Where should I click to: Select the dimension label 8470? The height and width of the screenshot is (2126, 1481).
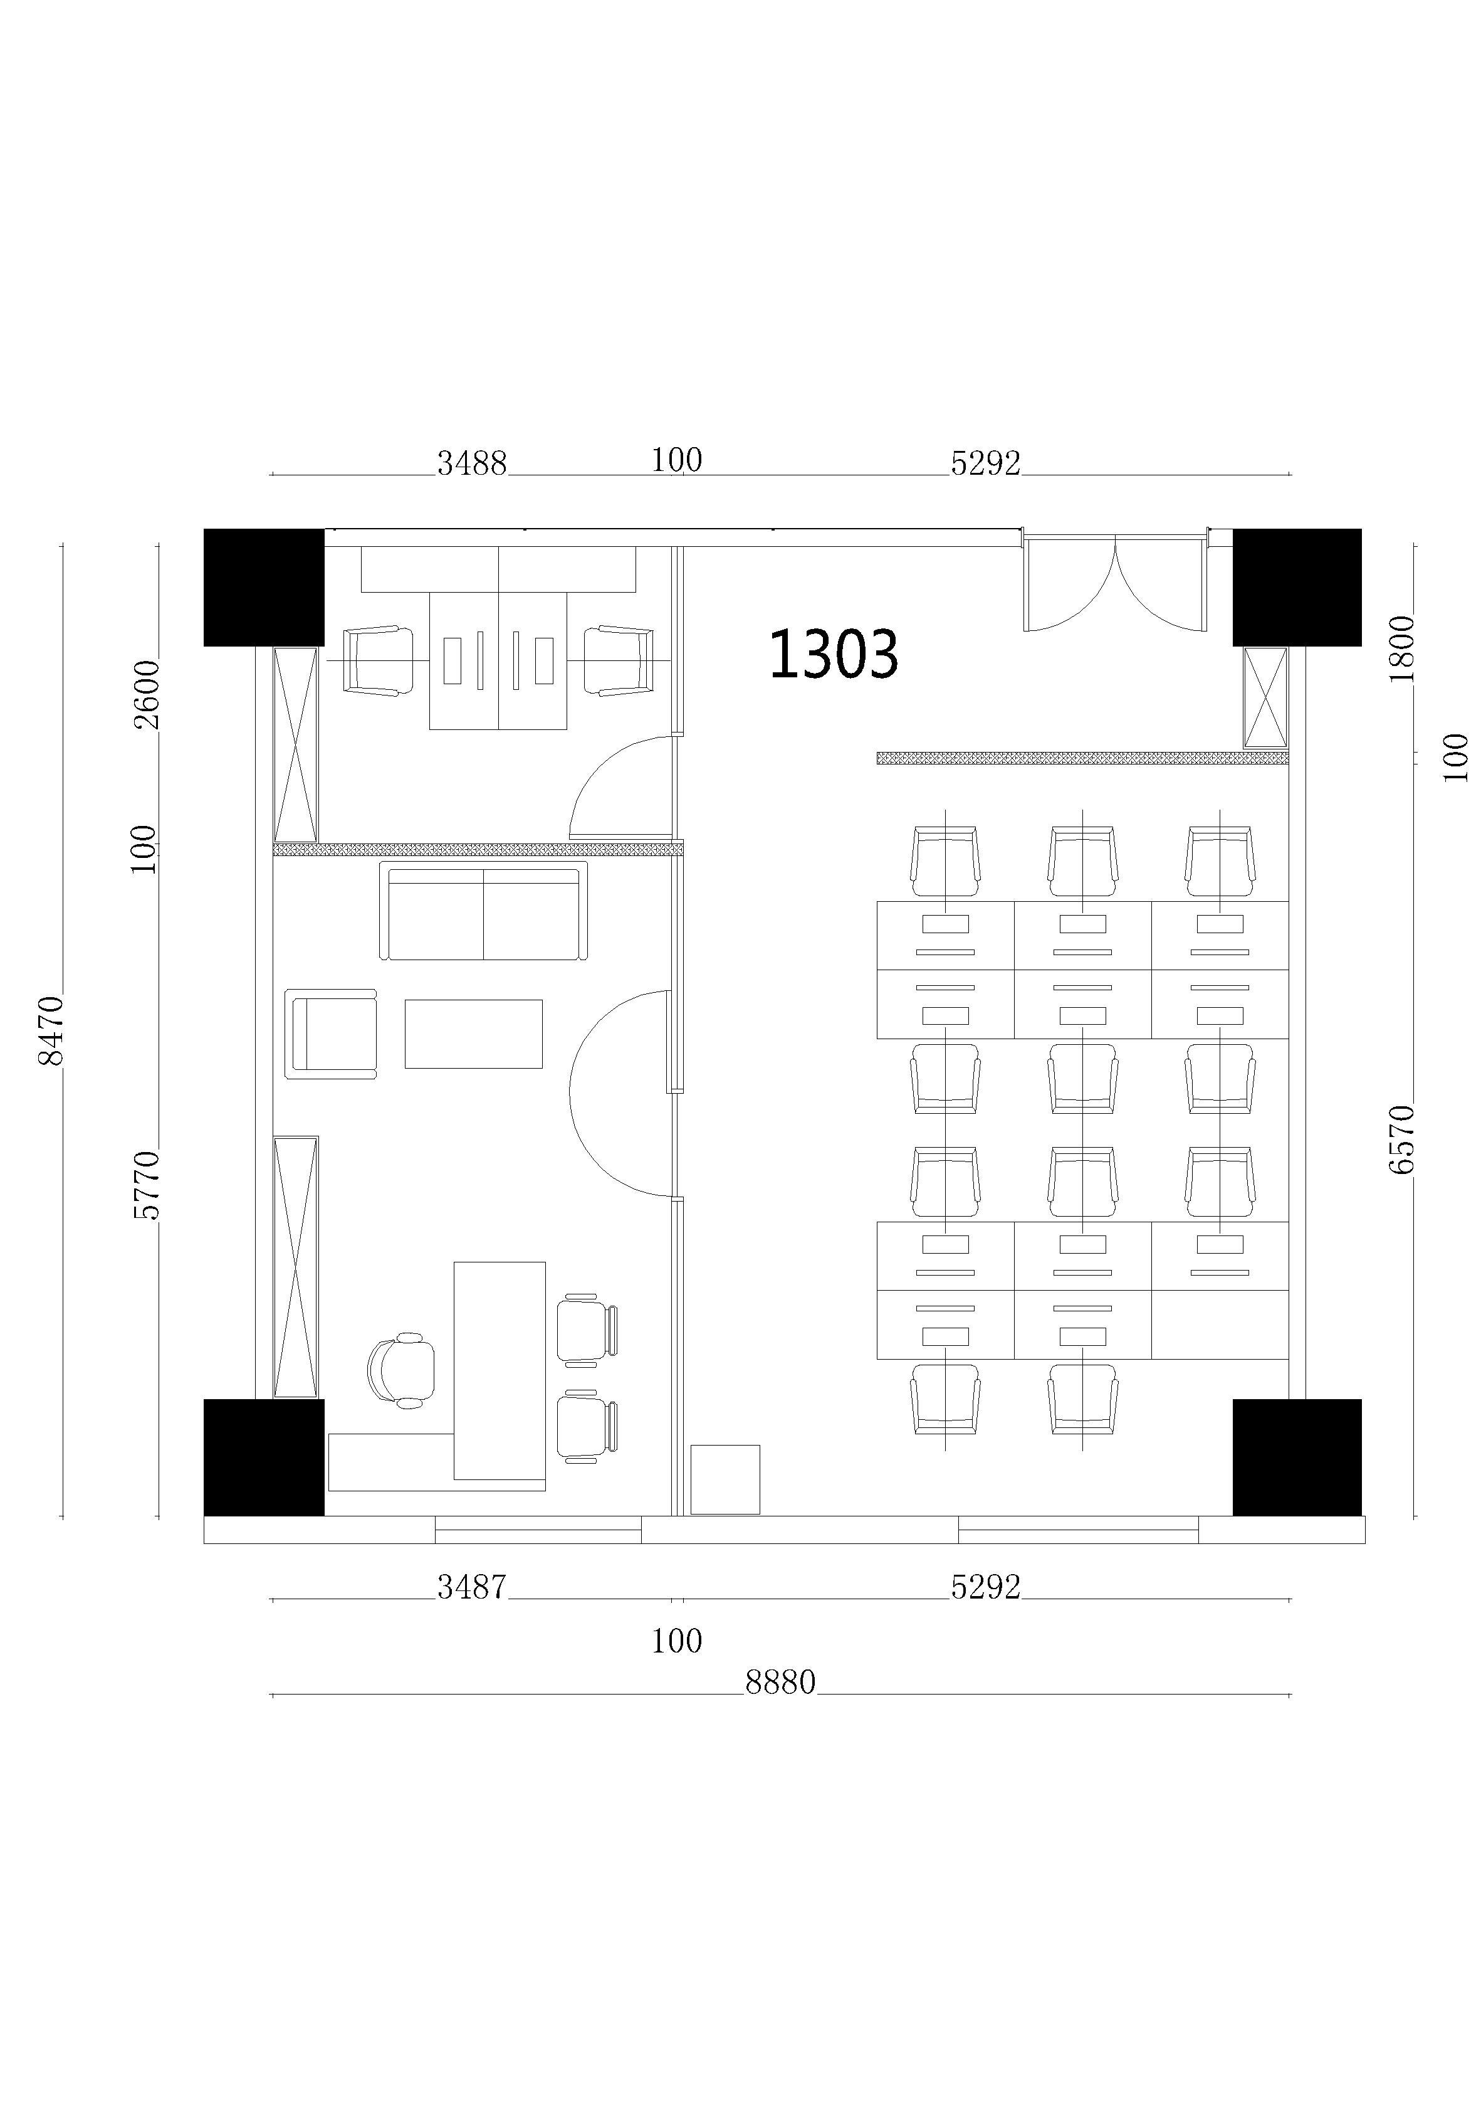point(50,1030)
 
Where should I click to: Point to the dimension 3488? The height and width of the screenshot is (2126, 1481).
point(472,463)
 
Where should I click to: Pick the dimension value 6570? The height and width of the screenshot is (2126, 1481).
point(1401,1139)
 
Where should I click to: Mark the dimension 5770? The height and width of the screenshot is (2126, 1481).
point(146,1185)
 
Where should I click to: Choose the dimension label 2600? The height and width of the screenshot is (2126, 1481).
point(146,694)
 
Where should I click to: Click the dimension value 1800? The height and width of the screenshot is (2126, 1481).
point(1401,648)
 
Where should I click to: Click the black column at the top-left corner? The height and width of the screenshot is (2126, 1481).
point(264,587)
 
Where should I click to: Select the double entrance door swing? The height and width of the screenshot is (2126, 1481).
point(1116,581)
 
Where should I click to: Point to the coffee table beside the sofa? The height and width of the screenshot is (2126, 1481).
point(473,1034)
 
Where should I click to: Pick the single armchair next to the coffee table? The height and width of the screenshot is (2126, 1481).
point(330,1034)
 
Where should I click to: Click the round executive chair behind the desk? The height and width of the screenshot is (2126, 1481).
point(400,1370)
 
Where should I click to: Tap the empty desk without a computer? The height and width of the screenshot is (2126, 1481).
point(1220,1324)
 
